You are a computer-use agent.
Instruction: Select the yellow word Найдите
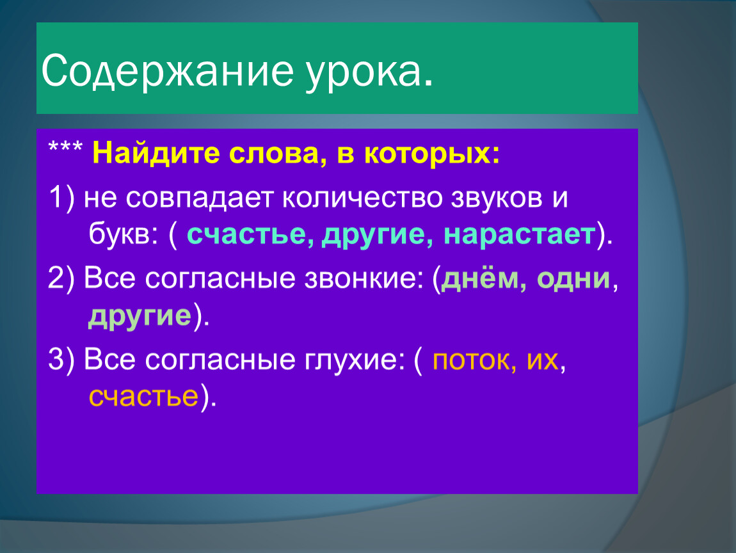156,153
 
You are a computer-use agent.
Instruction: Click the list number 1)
61,198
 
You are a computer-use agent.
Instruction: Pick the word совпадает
199,198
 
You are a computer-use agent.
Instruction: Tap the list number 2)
61,279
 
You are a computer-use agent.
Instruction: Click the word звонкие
360,278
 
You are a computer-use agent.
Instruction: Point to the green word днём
480,278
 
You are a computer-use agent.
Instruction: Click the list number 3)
61,360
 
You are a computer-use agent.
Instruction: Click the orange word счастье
143,396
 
